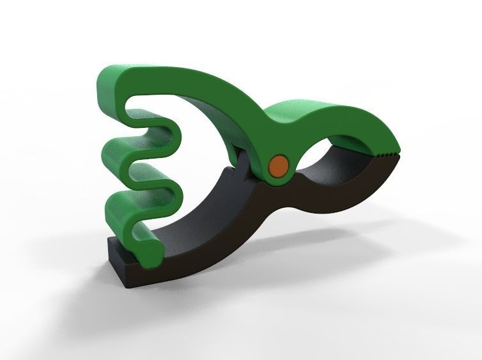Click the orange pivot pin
pos(278,165)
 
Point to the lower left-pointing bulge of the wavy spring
pos(115,214)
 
